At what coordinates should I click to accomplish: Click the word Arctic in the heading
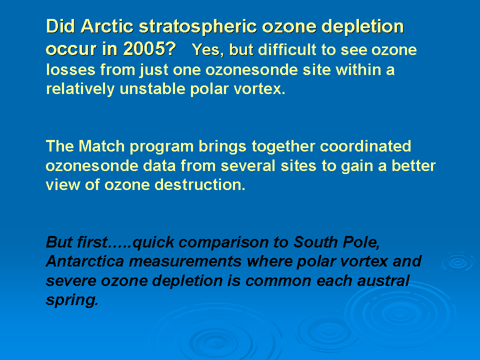coord(107,26)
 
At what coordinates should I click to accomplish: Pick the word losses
coord(70,70)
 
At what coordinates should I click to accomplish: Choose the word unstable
coord(152,89)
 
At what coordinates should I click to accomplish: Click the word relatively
coord(80,89)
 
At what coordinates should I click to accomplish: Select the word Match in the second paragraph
coord(101,146)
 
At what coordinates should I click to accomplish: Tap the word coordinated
coord(365,146)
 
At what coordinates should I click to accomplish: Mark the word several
coord(247,166)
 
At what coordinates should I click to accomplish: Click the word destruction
coord(200,185)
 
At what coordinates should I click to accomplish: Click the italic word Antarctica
coord(85,261)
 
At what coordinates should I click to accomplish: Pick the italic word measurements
coord(185,261)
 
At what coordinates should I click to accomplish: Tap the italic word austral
coord(383,280)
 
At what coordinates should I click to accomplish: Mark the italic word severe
coord(71,281)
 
